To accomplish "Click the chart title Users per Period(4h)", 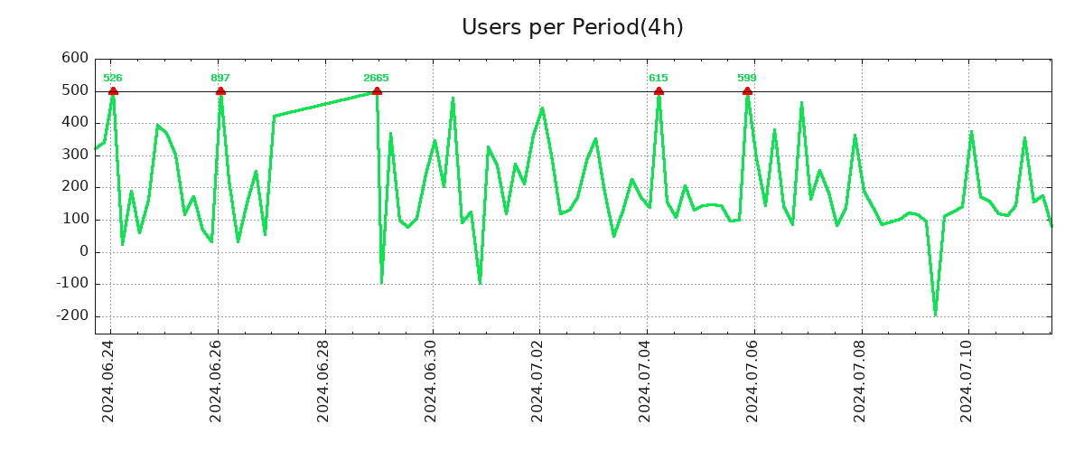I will pyautogui.click(x=572, y=28).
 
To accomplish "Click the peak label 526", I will pyautogui.click(x=113, y=79).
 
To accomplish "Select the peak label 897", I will pyautogui.click(x=220, y=79).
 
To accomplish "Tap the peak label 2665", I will pyautogui.click(x=376, y=79).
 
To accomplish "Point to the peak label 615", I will pyautogui.click(x=659, y=79).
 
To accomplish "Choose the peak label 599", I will pyautogui.click(x=747, y=79).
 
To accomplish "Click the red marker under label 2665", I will pyautogui.click(x=377, y=91).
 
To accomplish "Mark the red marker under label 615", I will pyautogui.click(x=659, y=91).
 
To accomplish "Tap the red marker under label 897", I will pyautogui.click(x=220, y=91).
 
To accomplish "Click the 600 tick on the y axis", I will pyautogui.click(x=75, y=59).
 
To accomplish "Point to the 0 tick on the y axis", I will pyautogui.click(x=83, y=252).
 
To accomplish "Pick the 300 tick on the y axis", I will pyautogui.click(x=75, y=155).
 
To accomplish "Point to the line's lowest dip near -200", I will pyautogui.click(x=935, y=315).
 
